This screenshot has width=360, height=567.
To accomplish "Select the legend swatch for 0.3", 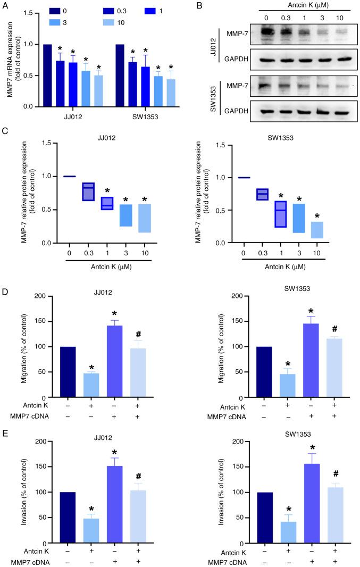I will click(x=113, y=11).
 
